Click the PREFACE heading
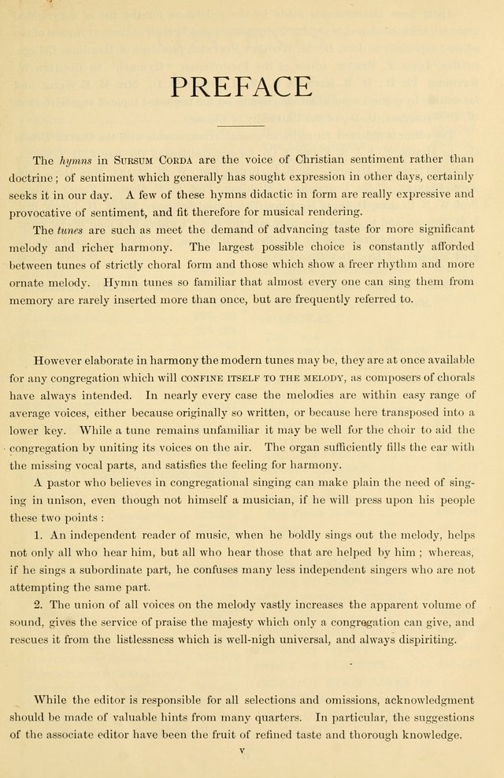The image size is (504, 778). [x=242, y=87]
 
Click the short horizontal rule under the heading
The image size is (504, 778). [x=241, y=126]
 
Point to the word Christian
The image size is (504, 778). [x=282, y=159]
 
